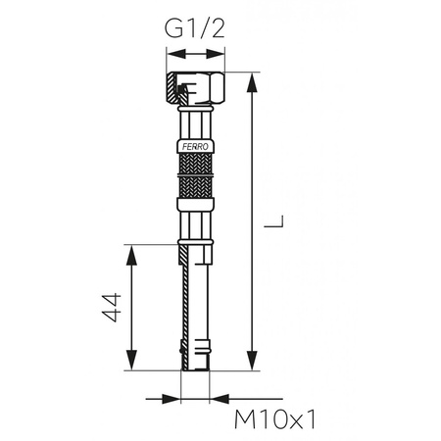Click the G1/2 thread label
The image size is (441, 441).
tap(196, 28)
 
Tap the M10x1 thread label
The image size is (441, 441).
tap(278, 418)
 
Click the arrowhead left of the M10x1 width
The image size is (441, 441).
tap(177, 398)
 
